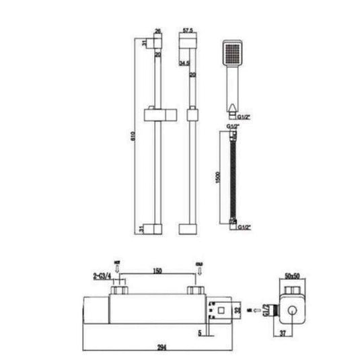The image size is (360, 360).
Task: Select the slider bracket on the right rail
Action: [x=191, y=114]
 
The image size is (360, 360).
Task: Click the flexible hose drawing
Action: [x=231, y=178]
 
